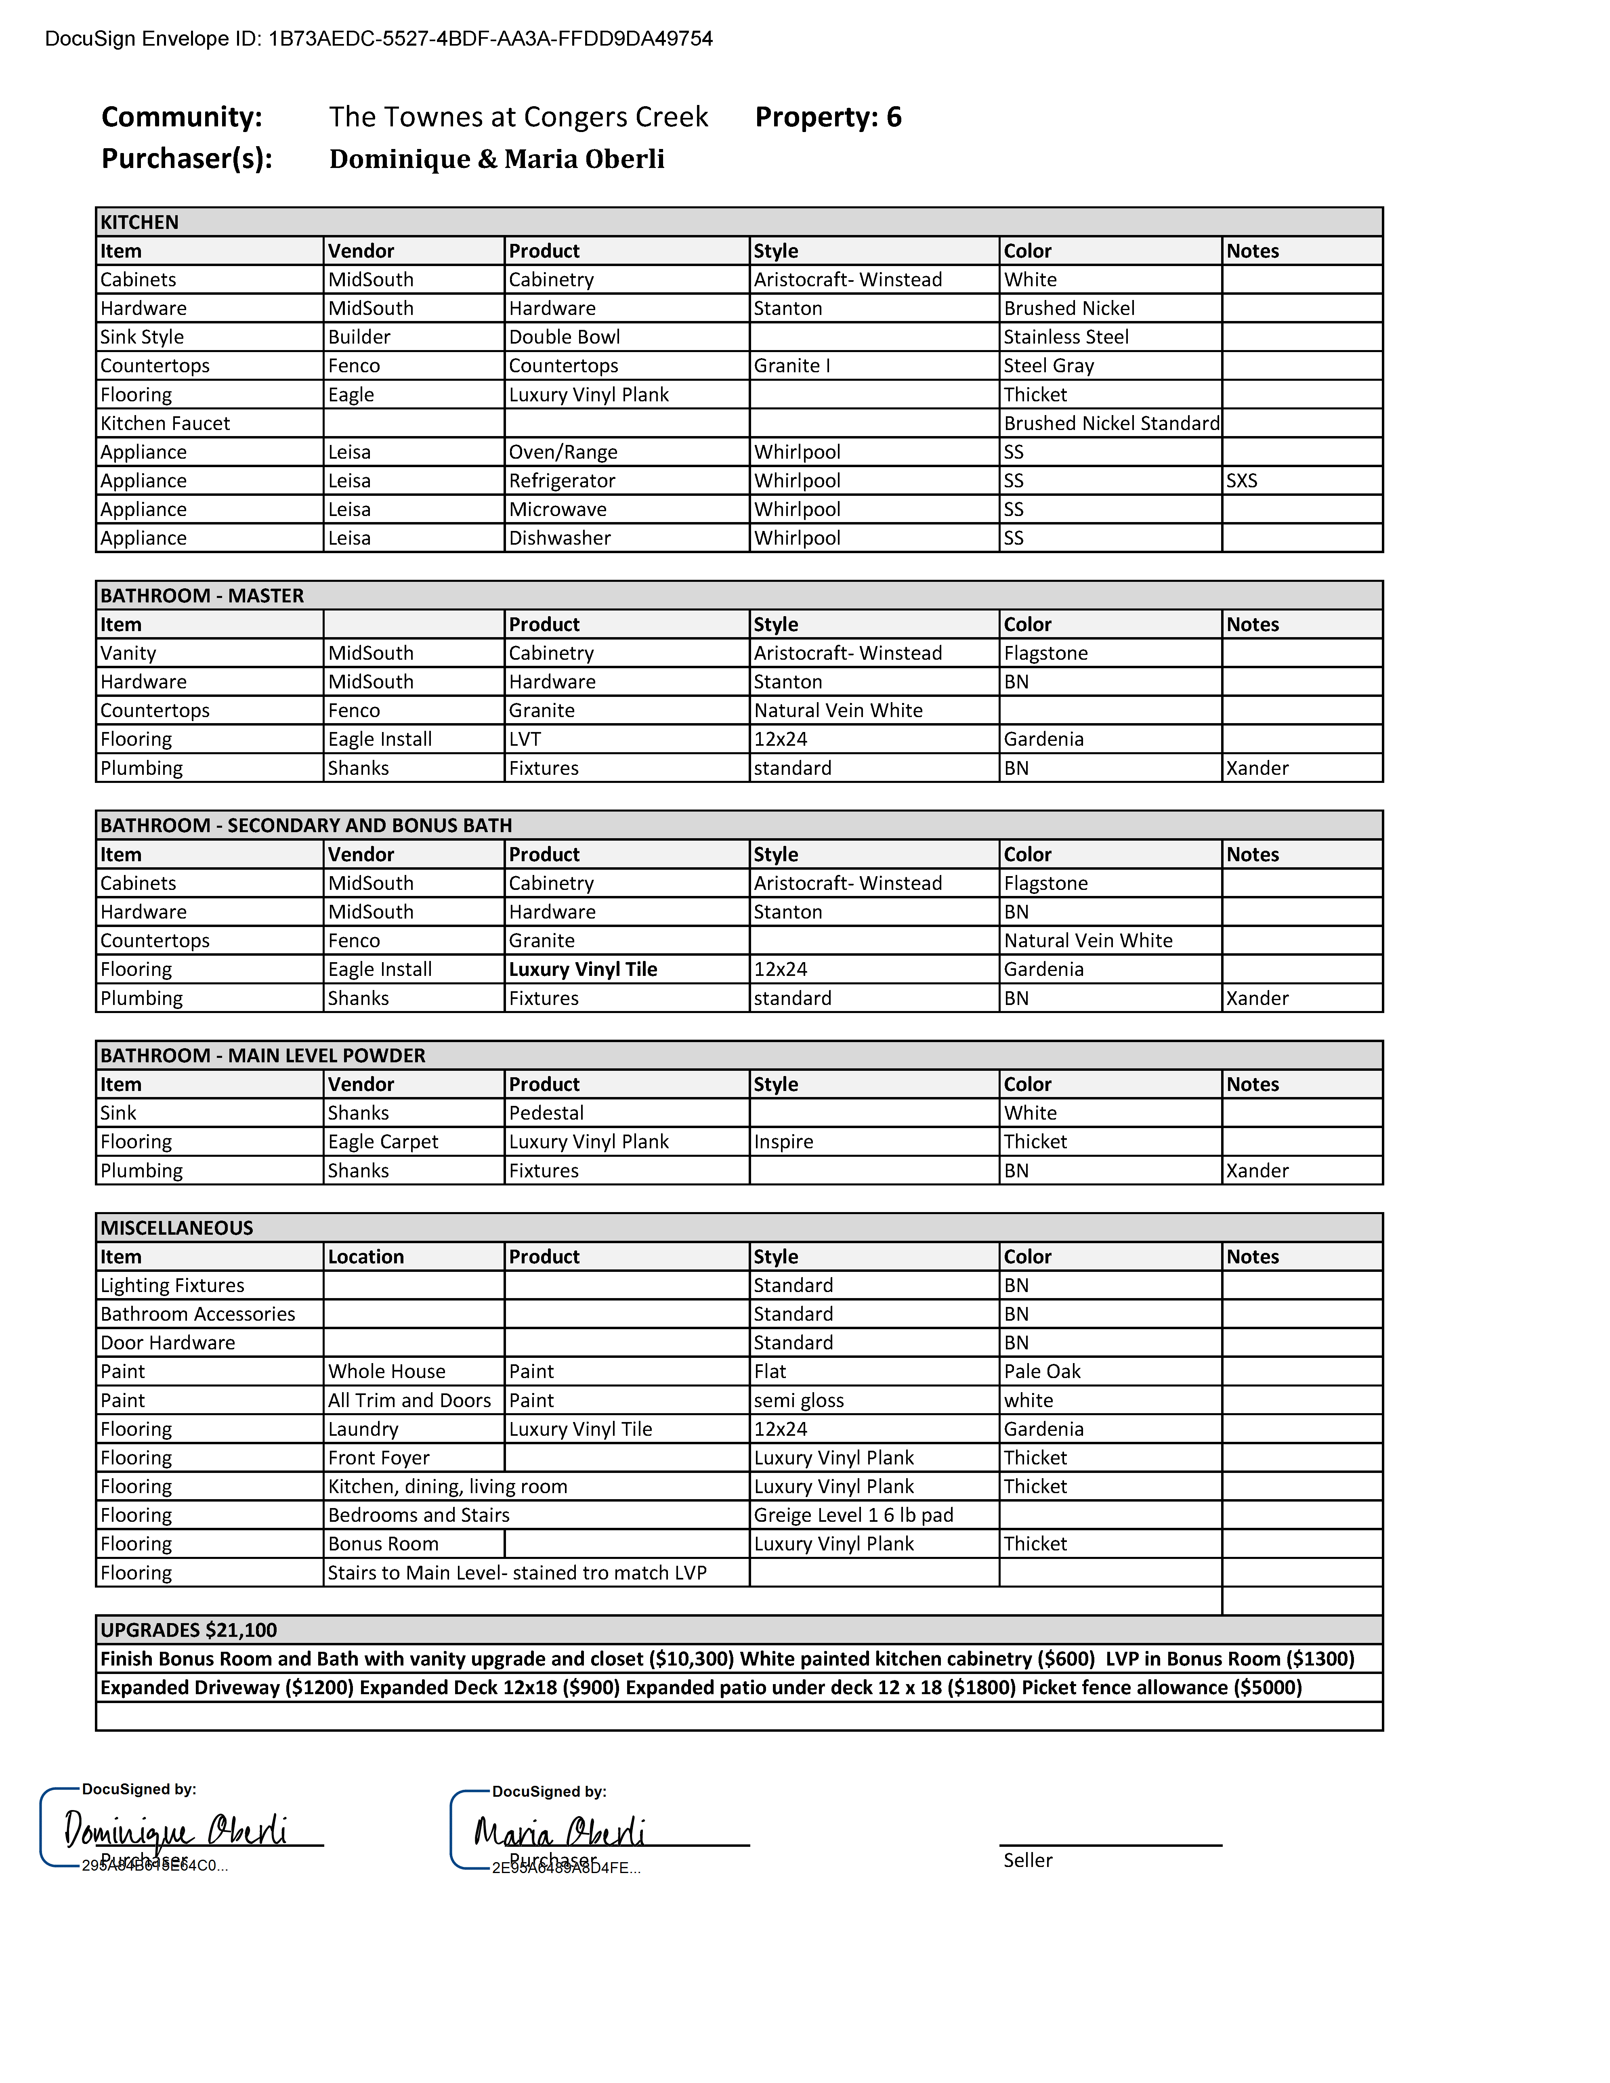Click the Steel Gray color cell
1048,366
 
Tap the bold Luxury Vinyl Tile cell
583,970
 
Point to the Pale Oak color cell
1041,1372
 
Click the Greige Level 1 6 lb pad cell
853,1516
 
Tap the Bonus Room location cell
382,1544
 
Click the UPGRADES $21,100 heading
188,1630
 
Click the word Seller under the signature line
1027,1861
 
